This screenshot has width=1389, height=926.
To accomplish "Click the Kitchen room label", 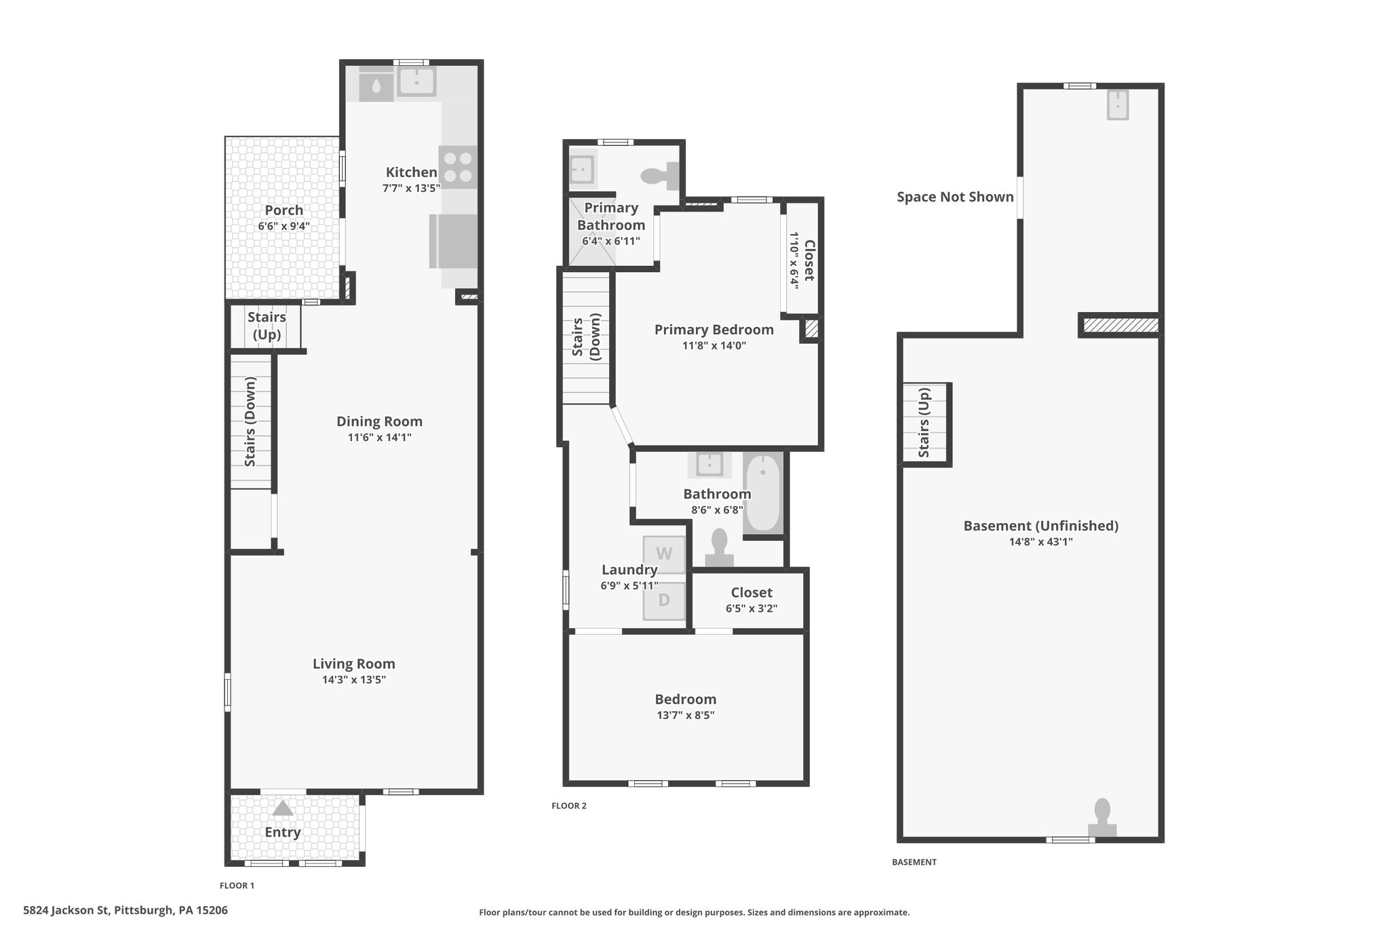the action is (x=412, y=172).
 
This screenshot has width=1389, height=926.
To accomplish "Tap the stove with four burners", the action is (x=458, y=167).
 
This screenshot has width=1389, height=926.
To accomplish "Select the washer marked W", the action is (x=664, y=554).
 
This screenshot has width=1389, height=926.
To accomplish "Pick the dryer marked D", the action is (x=664, y=600).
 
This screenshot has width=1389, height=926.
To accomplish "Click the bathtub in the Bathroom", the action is (x=764, y=495).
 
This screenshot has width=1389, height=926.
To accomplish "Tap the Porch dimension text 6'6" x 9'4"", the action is (x=284, y=226).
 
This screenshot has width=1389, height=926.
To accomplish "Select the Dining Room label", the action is (x=380, y=421).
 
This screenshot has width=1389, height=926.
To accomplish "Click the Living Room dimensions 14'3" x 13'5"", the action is (x=354, y=680).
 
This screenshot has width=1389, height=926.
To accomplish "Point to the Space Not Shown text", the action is (x=955, y=197).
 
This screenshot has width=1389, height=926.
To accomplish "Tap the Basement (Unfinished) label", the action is (x=1041, y=526).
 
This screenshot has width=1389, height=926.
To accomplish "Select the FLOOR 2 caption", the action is (x=569, y=806).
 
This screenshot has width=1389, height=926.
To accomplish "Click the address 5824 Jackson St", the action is (x=66, y=910).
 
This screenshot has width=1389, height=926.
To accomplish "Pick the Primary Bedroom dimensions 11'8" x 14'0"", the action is (x=714, y=345).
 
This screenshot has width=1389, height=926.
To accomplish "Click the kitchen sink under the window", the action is (x=416, y=82).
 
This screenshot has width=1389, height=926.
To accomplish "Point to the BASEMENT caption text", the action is (x=914, y=862).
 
